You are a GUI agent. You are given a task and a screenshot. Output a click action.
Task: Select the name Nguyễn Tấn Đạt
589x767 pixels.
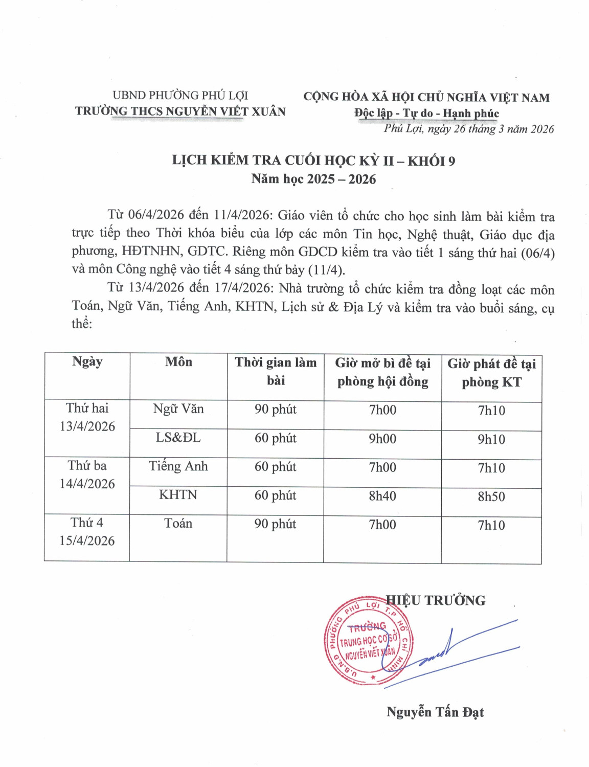coord(435,712)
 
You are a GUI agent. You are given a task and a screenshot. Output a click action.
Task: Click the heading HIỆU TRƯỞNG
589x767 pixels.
coord(436,600)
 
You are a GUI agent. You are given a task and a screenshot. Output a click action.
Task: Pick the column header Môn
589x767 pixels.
coord(178,362)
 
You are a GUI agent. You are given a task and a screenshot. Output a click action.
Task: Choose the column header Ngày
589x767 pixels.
coord(87,362)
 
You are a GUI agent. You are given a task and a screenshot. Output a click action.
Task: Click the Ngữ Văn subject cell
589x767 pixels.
coord(178,409)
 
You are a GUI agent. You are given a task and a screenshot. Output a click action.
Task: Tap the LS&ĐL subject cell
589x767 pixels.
coord(178,438)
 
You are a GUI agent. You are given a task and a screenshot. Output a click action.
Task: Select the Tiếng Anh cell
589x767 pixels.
coord(178,466)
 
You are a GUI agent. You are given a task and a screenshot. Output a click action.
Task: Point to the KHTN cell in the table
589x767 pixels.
coord(178,495)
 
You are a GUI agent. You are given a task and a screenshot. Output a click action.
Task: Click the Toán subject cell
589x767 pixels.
coord(178,524)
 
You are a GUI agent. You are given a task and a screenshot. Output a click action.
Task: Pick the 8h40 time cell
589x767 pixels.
coord(382,495)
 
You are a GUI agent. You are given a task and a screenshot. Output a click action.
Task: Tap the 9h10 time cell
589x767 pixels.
coord(491,439)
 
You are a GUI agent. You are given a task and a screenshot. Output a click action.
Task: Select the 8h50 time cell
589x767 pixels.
coord(491,497)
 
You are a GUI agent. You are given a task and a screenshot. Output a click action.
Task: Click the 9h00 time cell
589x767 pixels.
coord(382,439)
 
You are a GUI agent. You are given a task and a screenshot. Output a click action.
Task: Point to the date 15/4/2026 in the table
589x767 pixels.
coord(87,541)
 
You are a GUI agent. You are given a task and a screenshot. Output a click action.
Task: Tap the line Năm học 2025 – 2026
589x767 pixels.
coord(313,179)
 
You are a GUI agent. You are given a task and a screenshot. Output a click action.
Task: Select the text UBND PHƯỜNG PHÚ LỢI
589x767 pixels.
coord(180,95)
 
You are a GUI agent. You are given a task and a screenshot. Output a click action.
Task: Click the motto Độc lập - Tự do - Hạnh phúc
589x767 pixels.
coord(426,113)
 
